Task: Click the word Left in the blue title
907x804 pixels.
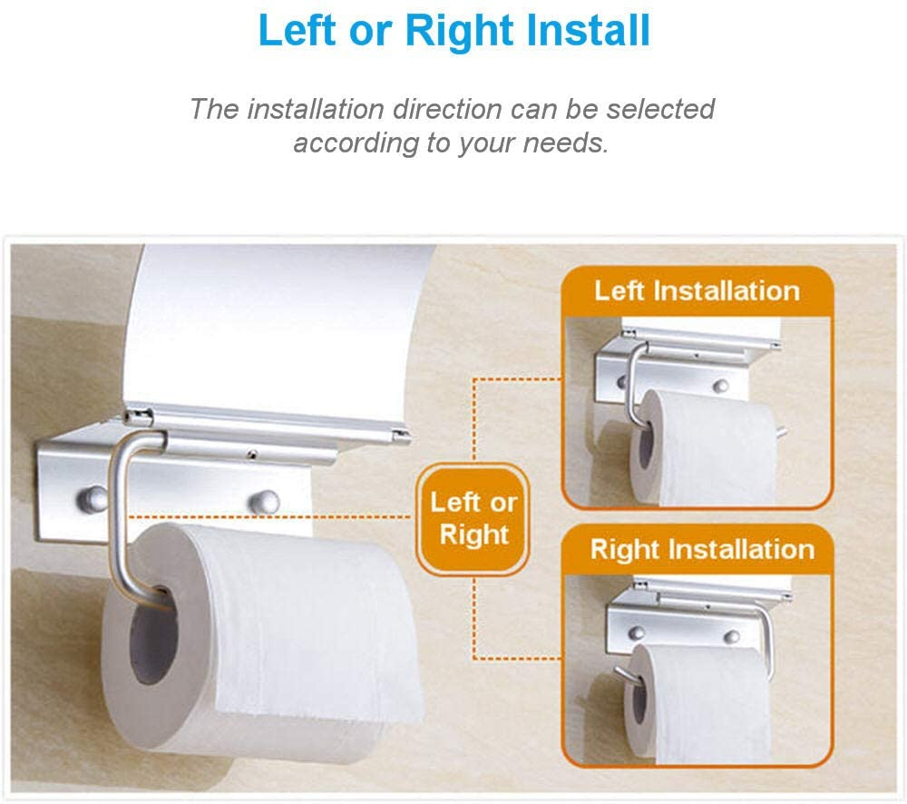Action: click(297, 30)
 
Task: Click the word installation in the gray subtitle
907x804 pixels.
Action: click(317, 109)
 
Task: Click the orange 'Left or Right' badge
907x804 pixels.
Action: click(473, 519)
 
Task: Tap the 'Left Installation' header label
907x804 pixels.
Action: click(697, 290)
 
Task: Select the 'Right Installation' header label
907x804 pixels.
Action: click(702, 549)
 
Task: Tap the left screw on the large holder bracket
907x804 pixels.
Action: click(91, 498)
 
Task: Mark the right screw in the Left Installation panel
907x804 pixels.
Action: click(720, 385)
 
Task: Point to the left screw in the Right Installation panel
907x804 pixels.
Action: click(637, 632)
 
